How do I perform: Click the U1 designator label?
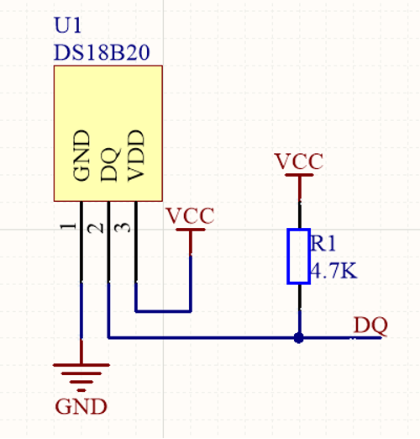pos(67,25)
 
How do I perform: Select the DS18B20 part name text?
pos(102,52)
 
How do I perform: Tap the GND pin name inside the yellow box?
pos(81,156)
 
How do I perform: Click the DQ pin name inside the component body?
pos(110,165)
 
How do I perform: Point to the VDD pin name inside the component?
pos(136,156)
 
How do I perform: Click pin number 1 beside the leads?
pos(69,226)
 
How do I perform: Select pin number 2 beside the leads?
pos(95,229)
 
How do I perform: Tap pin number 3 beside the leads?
pos(123,227)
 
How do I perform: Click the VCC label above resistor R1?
pos(299,161)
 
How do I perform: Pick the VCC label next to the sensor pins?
pos(191,215)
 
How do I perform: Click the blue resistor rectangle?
pos(299,257)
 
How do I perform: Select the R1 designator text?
pos(323,243)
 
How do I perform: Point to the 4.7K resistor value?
pos(333,271)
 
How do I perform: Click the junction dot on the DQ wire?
pos(299,338)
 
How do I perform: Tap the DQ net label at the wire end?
pos(370,325)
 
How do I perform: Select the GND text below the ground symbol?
pos(81,406)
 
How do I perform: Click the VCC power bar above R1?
pos(299,175)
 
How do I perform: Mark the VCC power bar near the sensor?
pos(191,230)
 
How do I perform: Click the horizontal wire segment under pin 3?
pos(163,311)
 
